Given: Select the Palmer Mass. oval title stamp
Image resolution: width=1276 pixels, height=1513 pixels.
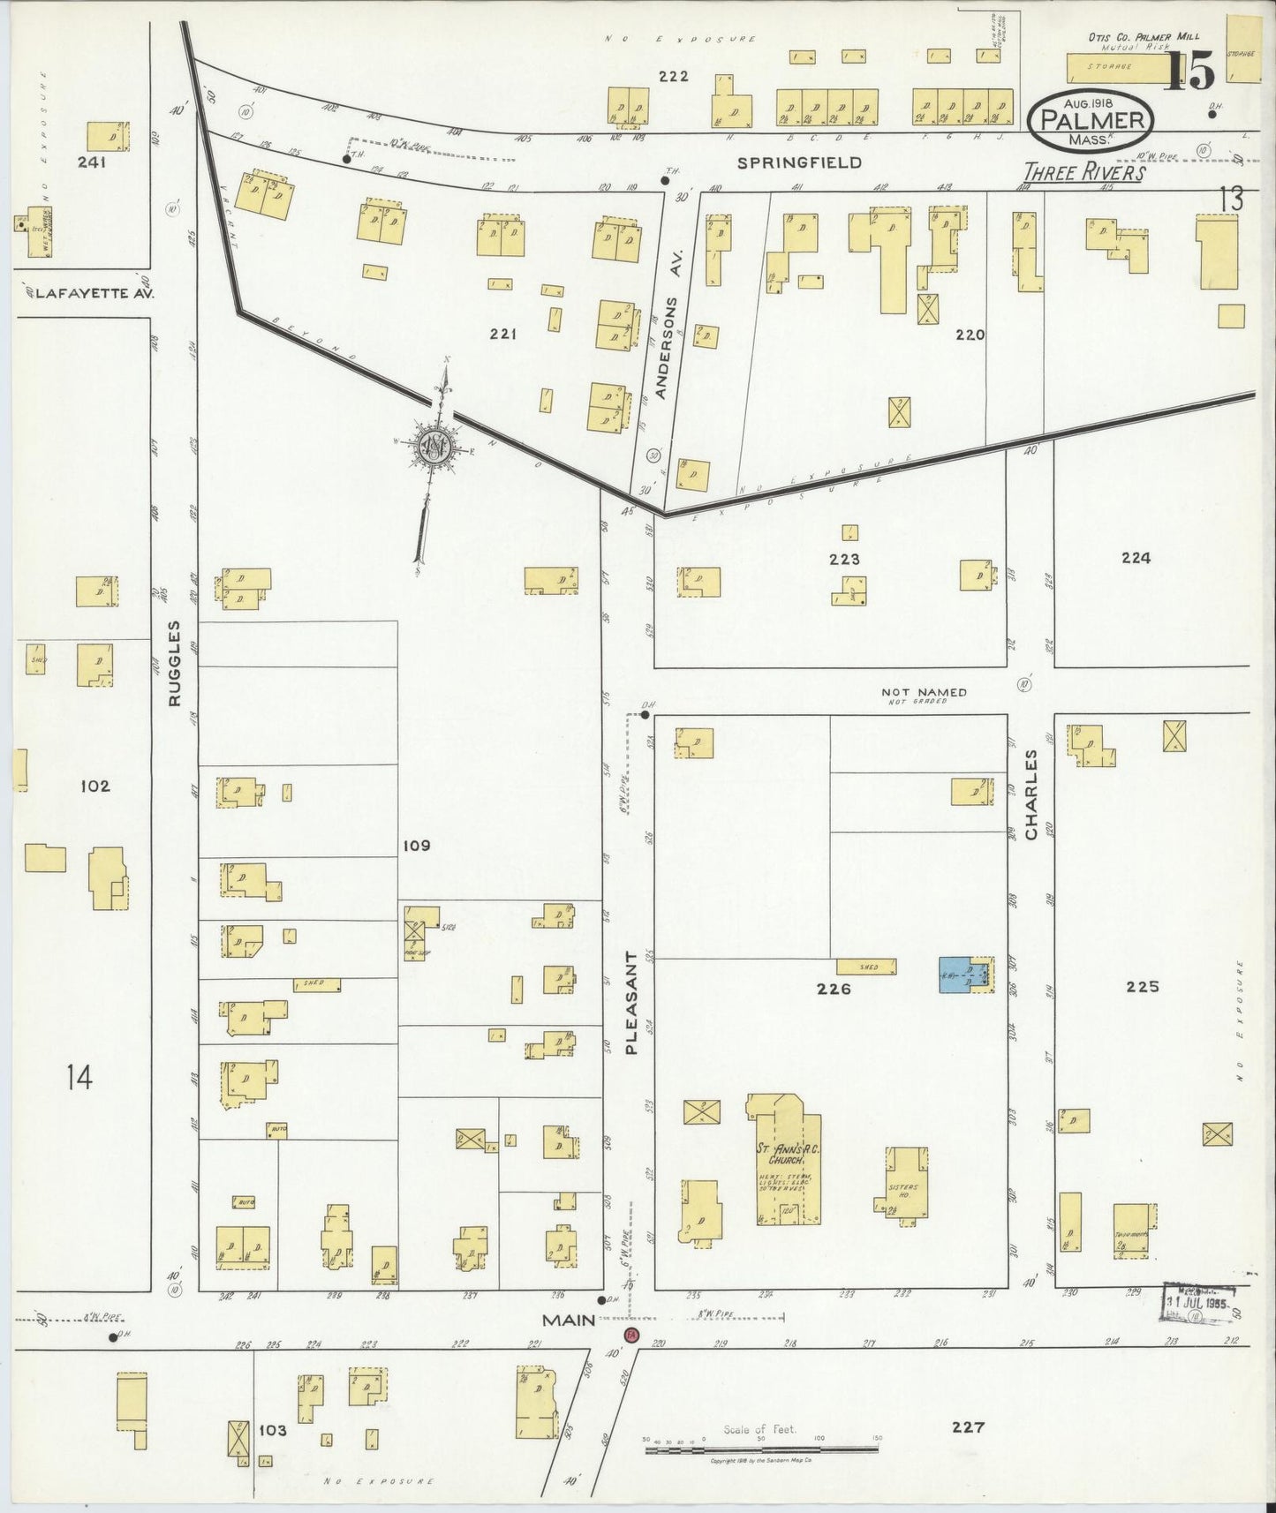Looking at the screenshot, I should (x=1091, y=120).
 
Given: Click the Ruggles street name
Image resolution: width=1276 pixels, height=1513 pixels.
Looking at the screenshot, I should (x=175, y=663).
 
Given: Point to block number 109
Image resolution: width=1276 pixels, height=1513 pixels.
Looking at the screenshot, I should (x=416, y=846).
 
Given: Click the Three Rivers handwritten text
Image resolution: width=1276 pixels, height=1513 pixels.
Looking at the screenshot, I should (x=1083, y=172).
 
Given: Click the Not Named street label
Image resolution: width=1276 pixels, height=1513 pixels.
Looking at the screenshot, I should (x=924, y=693).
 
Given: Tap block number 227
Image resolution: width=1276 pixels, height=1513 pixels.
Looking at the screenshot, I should (x=968, y=1426).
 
